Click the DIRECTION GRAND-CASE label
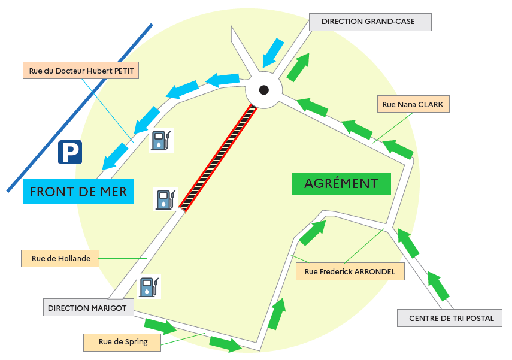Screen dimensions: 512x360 pyautogui.click(x=370, y=22)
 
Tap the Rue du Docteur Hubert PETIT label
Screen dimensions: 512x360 pyautogui.click(x=81, y=71)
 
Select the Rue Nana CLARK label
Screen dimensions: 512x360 pyautogui.click(x=413, y=104)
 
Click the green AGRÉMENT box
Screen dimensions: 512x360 pyautogui.click(x=341, y=183)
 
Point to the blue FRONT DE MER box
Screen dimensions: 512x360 pyautogui.click(x=78, y=192)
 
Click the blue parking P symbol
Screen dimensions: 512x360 pyautogui.click(x=70, y=152)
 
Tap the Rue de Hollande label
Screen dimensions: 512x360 pyautogui.click(x=60, y=258)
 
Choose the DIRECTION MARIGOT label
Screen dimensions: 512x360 pyautogui.click(x=89, y=307)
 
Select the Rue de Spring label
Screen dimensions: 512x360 pyautogui.click(x=122, y=343)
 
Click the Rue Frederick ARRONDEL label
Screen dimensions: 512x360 pyautogui.click(x=350, y=271)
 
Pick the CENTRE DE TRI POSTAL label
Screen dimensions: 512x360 pyautogui.click(x=450, y=318)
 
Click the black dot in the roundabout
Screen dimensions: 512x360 pyautogui.click(x=264, y=90)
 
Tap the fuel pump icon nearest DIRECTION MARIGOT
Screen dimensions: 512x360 pyautogui.click(x=149, y=286)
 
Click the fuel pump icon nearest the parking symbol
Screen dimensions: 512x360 pyautogui.click(x=161, y=140)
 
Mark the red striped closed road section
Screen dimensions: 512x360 pyautogui.click(x=218, y=158)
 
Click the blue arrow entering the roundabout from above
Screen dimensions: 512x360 pyautogui.click(x=272, y=53)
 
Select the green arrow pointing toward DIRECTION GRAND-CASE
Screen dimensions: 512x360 pyautogui.click(x=298, y=67)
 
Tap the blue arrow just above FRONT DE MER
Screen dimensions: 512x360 pyautogui.click(x=115, y=156)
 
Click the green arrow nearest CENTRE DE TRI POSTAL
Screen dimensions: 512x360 pyautogui.click(x=438, y=286)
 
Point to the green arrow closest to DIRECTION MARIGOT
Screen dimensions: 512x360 pyautogui.click(x=160, y=326)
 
